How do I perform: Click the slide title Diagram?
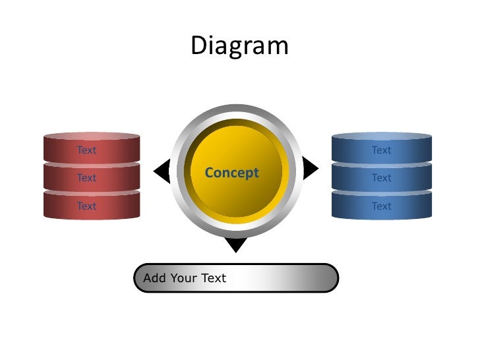click(239, 46)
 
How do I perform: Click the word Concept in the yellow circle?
click(231, 173)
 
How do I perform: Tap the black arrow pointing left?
click(162, 171)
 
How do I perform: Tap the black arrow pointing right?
click(310, 169)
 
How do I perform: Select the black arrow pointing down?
click(236, 245)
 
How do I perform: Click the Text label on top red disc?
click(86, 150)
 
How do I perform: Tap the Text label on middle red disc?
click(86, 178)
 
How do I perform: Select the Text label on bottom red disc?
click(86, 206)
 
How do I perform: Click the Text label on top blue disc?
click(381, 150)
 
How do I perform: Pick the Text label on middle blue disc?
click(381, 178)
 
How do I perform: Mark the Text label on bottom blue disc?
click(381, 206)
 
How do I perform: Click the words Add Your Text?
click(185, 278)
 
